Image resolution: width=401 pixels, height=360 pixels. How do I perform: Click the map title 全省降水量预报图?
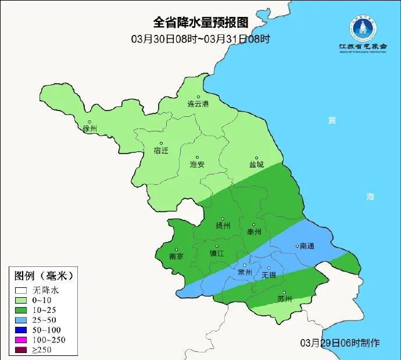(201, 23)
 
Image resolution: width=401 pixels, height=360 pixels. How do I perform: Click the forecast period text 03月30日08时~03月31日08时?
(201, 39)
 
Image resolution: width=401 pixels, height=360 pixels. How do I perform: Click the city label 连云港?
(198, 104)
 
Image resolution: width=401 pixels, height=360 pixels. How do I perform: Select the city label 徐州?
(89, 129)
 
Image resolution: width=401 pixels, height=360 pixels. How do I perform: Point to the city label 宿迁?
(161, 151)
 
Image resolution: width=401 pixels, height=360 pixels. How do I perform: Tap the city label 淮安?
(197, 164)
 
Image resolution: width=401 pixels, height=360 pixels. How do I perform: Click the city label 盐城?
(256, 165)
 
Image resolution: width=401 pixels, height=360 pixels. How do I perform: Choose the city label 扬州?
(223, 226)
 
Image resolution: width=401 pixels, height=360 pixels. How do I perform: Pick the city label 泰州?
(255, 231)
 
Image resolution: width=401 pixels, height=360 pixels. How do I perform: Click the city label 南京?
(176, 256)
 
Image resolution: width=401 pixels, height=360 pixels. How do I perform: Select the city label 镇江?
(217, 254)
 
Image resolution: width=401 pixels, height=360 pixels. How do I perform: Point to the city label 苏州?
(285, 300)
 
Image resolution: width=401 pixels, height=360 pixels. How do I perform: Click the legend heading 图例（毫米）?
(43, 275)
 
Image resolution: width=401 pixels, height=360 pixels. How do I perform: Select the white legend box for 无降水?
(22, 289)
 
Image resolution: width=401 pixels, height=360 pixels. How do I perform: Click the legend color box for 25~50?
(22, 319)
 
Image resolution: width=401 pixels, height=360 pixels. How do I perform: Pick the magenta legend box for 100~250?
(22, 340)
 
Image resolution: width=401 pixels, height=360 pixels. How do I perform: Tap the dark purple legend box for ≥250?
(22, 350)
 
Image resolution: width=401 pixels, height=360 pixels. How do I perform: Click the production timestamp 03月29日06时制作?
(339, 343)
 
